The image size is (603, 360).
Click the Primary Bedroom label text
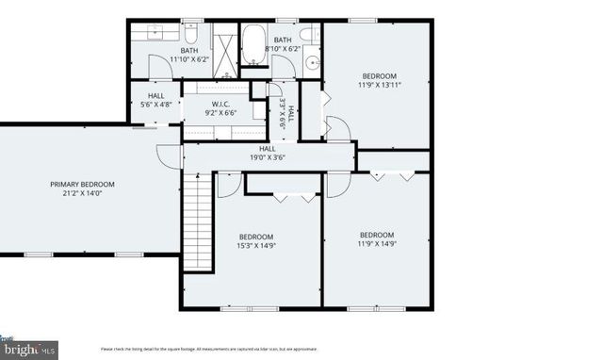82,185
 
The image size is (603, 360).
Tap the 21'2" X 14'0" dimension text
82,194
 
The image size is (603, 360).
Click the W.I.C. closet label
221,105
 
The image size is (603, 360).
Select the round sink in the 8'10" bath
312,67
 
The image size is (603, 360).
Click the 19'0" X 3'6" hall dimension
268,157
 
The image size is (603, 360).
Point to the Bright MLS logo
28,350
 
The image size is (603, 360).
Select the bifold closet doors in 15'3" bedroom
284,196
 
